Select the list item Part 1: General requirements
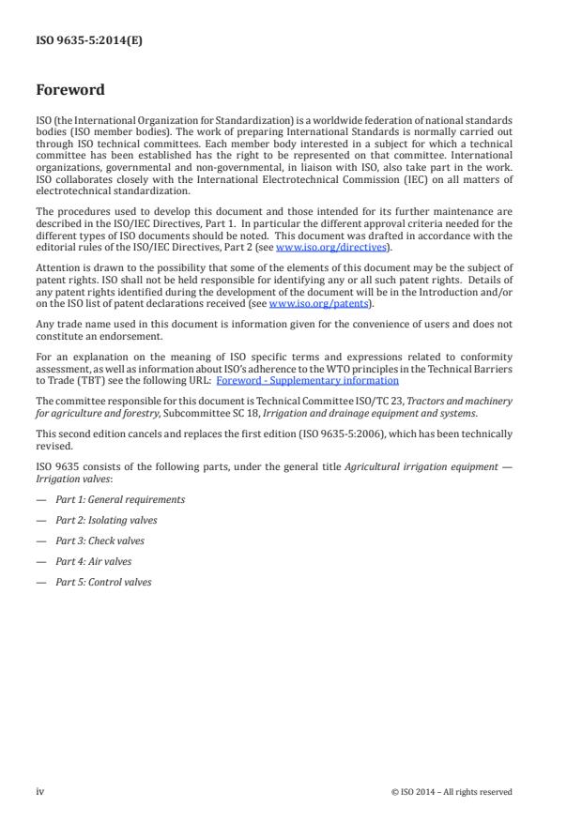(119, 499)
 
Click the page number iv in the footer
(40, 791)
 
